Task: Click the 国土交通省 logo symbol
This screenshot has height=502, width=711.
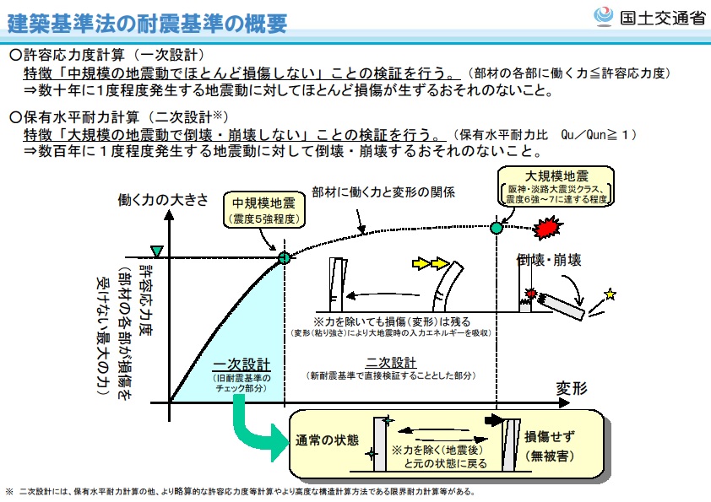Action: click(604, 16)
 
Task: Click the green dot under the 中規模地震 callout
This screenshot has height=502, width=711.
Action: click(284, 257)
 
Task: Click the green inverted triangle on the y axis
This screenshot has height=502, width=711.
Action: click(155, 251)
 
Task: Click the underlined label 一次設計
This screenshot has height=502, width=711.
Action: click(241, 364)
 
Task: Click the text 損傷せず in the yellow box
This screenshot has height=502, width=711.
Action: click(551, 436)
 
